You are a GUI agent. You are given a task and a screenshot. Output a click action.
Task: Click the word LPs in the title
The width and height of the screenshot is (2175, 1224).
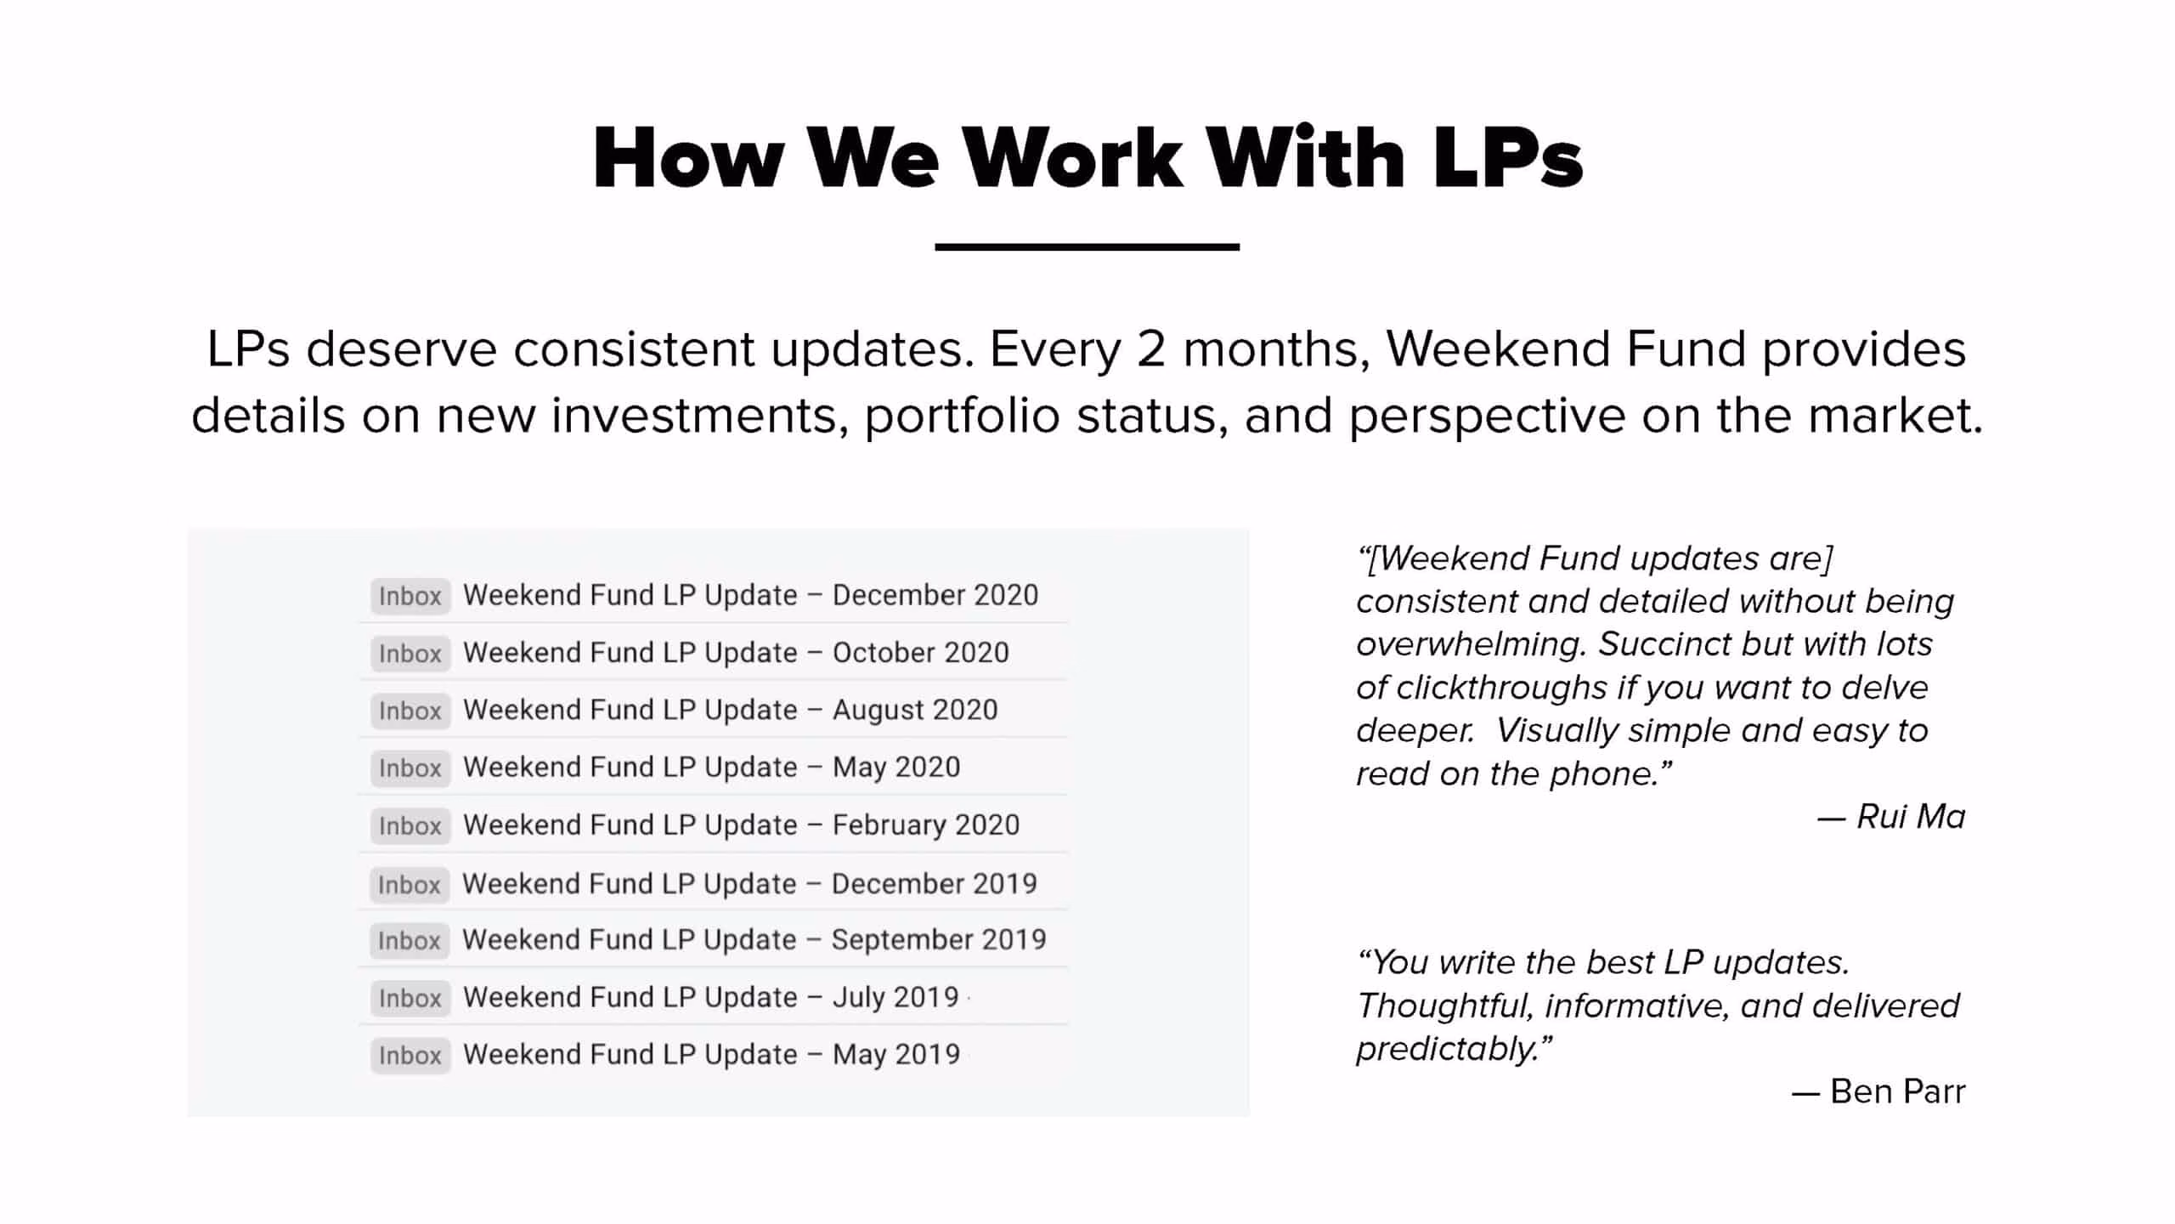pos(1508,158)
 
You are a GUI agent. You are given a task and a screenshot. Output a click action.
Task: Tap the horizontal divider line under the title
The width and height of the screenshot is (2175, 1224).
pos(1087,247)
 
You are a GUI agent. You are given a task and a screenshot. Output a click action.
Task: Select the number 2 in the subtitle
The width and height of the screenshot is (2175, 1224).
pos(1150,348)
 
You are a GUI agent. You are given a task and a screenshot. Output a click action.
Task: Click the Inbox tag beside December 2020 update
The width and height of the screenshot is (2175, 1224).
pos(410,596)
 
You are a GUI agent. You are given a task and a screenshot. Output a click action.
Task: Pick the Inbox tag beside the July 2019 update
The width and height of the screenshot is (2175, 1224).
pos(410,998)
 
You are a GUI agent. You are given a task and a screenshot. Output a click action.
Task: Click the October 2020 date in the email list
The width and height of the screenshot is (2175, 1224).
pos(921,653)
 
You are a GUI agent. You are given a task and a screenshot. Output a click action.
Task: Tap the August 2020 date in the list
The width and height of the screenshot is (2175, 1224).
pos(915,711)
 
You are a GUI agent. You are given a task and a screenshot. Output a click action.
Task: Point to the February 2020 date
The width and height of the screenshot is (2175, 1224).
pos(926,825)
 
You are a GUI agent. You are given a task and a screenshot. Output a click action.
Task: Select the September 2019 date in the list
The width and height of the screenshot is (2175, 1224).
pos(939,940)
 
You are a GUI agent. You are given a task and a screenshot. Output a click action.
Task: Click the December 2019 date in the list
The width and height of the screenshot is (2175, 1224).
pos(935,884)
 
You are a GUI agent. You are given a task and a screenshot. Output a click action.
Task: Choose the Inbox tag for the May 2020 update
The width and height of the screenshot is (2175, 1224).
pos(410,768)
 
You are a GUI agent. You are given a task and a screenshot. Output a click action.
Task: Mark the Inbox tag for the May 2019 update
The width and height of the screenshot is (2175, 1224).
pos(410,1056)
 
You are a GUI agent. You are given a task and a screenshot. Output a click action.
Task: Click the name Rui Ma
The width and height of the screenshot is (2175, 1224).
pos(1911,817)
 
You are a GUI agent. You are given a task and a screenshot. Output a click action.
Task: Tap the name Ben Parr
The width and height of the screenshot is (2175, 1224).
pos(1898,1091)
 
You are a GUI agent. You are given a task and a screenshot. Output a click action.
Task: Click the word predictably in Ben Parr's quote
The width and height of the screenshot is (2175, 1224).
pos(1448,1050)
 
